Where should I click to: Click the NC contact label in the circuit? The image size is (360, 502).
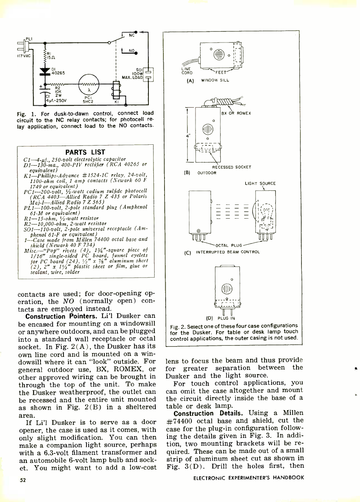coord(131,35)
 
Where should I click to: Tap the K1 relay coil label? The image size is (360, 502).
coord(117,103)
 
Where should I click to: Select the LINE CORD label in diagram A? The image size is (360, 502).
coord(187,71)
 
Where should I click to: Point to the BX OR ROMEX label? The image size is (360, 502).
coord(236,113)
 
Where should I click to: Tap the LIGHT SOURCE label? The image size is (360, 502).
coord(260,184)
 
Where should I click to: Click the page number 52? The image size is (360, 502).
coord(23,480)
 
